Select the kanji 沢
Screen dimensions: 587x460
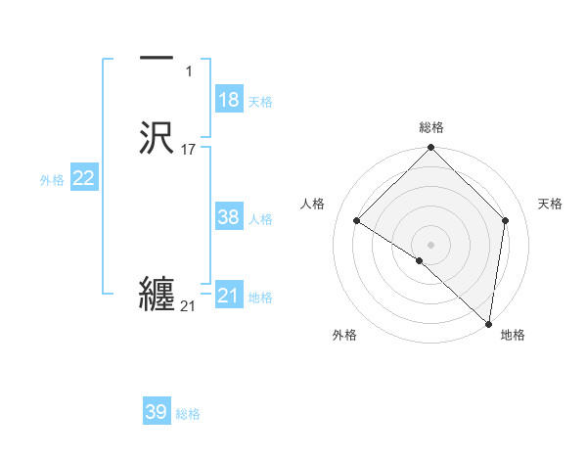[157, 137]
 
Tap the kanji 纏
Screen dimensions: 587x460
[157, 294]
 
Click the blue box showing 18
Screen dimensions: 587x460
[229, 100]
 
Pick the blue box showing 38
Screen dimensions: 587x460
[229, 217]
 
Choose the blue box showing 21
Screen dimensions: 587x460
[229, 295]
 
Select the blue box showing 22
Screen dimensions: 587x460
[84, 178]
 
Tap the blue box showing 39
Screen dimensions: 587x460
[157, 412]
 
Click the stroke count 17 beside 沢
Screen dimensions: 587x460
[189, 150]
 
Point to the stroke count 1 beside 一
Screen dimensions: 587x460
[189, 71]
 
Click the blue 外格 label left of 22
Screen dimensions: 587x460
[52, 180]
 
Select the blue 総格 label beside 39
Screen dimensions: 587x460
[188, 414]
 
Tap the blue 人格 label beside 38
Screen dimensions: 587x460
[260, 219]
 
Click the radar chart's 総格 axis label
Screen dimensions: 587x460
[431, 127]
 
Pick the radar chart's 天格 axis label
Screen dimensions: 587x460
[550, 204]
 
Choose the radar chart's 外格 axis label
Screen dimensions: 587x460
[344, 335]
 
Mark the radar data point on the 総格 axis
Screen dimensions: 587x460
[431, 149]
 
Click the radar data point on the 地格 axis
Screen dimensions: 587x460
[488, 323]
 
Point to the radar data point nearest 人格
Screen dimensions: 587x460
[357, 221]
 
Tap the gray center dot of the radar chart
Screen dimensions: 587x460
[431, 244]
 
